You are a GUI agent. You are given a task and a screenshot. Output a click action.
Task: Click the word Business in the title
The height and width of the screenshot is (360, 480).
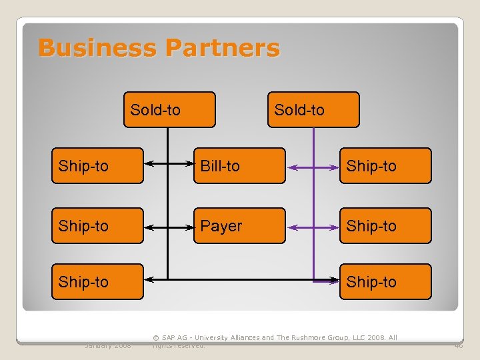(97, 48)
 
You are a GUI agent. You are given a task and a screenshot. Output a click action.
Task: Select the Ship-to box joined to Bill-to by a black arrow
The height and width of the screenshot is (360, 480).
(97, 166)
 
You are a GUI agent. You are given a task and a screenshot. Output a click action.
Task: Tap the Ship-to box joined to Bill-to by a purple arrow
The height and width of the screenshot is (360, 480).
(385, 166)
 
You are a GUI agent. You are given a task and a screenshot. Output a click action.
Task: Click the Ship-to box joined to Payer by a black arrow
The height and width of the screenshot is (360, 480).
(97, 226)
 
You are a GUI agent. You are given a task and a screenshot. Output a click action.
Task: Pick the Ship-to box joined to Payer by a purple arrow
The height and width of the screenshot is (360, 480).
(385, 226)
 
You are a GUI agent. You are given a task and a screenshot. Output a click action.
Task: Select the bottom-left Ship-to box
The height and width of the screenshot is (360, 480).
(97, 281)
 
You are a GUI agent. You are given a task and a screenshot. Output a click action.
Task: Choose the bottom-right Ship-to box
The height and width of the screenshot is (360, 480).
(385, 281)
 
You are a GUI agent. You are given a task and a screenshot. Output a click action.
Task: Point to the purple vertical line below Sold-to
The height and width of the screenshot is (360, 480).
(314, 200)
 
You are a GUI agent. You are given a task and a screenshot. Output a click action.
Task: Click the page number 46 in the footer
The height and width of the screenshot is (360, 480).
(459, 345)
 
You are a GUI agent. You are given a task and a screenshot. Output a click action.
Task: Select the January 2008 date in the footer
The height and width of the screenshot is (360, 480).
(107, 345)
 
